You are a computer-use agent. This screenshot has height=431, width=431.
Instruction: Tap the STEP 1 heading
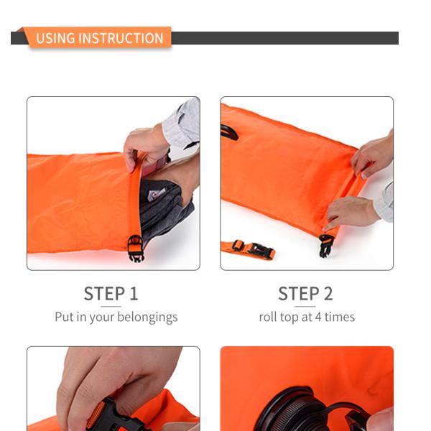pos(111,294)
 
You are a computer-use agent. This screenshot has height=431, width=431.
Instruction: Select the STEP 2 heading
pos(305,294)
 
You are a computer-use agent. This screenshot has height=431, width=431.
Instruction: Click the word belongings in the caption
pos(147,317)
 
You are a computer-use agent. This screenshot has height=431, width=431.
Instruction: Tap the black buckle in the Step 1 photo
pos(135,248)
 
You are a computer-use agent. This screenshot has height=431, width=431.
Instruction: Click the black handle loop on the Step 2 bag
pos(229,131)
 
